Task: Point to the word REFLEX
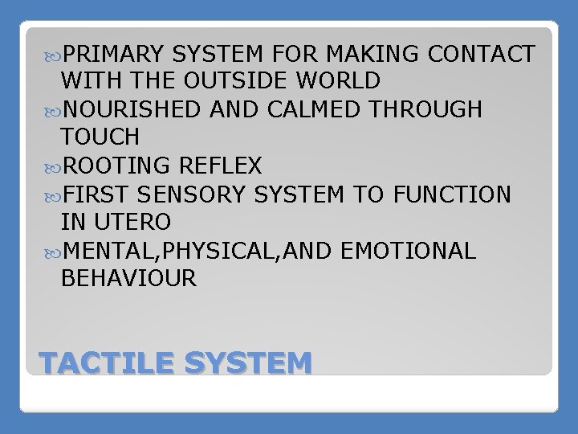point(222,166)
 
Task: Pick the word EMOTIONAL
point(409,250)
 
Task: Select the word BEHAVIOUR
point(128,278)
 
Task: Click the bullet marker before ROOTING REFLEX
point(53,166)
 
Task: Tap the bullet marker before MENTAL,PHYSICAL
point(53,251)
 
